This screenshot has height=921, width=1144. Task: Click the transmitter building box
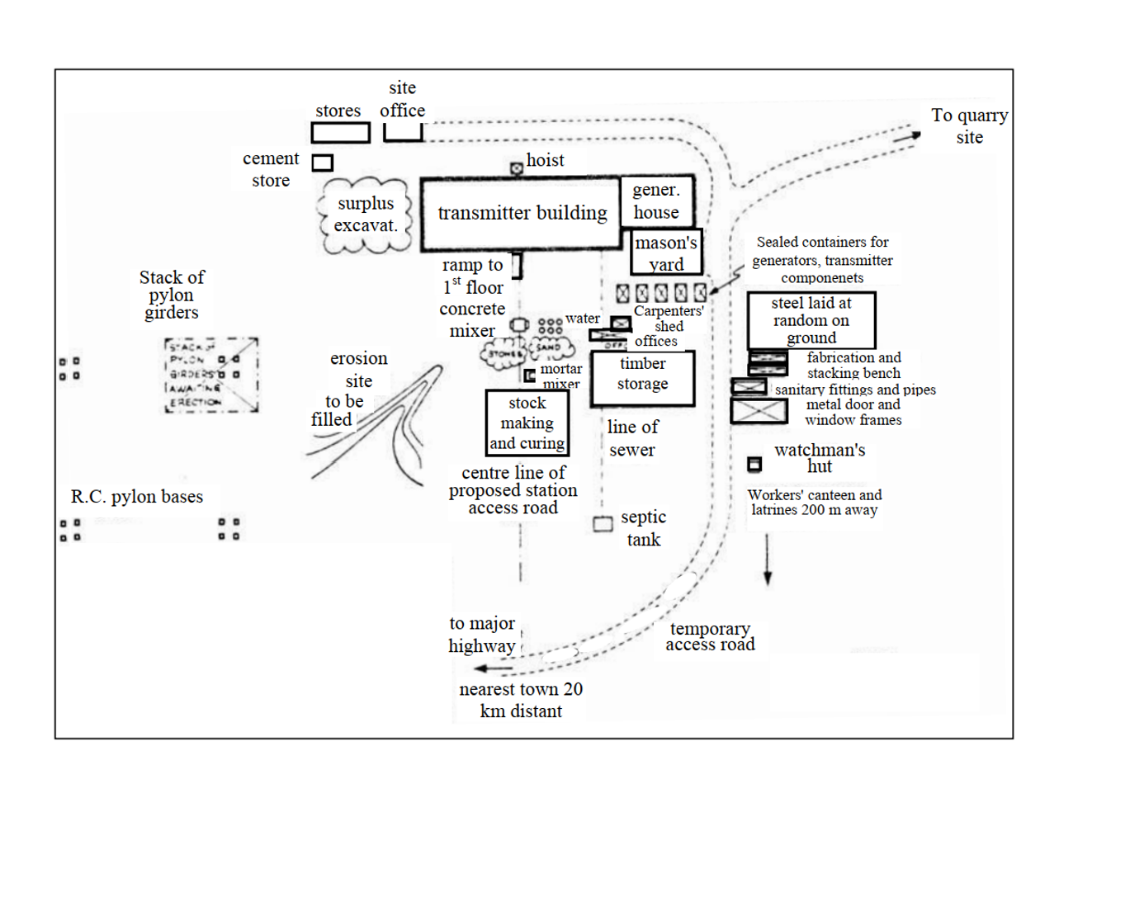[x=521, y=213]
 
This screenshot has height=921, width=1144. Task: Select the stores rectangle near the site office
[x=340, y=133]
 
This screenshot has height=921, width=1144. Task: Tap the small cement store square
[x=323, y=163]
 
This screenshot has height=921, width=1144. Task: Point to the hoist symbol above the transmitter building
[x=517, y=168]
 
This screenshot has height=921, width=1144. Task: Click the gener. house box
[x=657, y=201]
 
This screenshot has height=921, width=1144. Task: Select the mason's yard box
[x=666, y=253]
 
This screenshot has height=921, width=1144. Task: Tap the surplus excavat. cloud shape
[x=365, y=215]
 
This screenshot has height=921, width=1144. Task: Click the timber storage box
[x=642, y=378]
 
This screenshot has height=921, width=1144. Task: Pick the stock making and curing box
[x=527, y=423]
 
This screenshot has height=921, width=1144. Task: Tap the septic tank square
[x=603, y=524]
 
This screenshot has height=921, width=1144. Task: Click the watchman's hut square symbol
[x=754, y=465]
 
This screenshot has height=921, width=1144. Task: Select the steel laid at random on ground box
[x=811, y=320]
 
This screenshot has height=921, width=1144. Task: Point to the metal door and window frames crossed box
[x=759, y=411]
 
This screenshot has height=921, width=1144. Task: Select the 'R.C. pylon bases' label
[x=137, y=497]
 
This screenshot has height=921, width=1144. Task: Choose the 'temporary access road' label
[x=710, y=637]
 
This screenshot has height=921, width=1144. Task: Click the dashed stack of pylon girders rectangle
[x=211, y=375]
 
